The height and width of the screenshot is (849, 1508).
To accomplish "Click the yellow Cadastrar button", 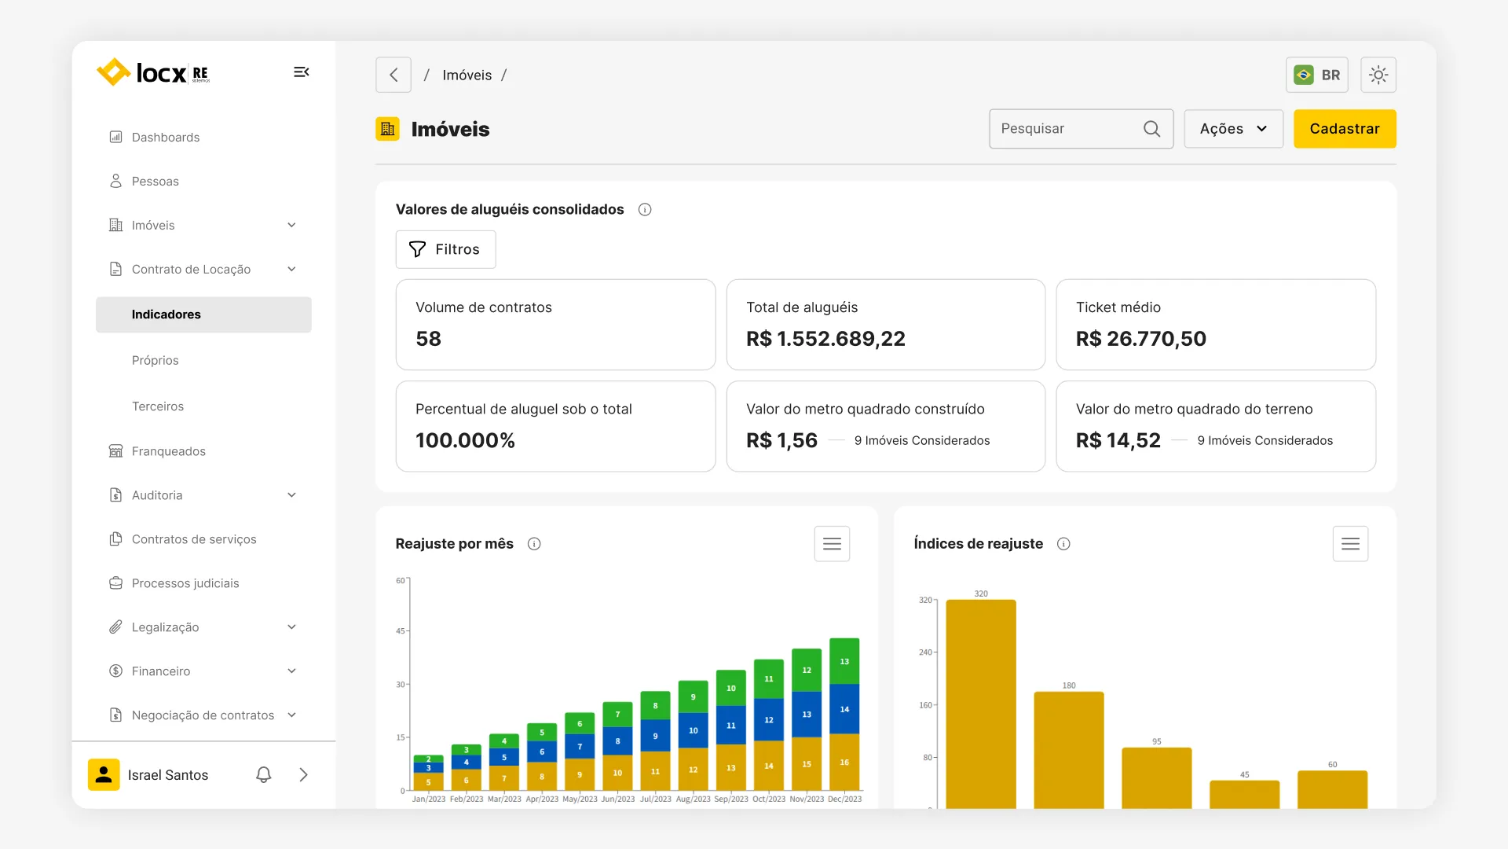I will pos(1344,129).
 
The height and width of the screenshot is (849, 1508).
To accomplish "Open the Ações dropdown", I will pos(1233,129).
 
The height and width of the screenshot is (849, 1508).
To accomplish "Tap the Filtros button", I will pos(445,249).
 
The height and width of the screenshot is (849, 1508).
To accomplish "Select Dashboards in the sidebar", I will pos(165,137).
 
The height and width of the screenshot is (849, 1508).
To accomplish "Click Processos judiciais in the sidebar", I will pos(185,583).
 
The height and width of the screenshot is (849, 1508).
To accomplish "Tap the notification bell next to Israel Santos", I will pos(264,775).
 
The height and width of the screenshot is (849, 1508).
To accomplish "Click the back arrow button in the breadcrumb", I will pos(393,75).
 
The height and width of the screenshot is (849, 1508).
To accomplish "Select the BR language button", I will pos(1317,75).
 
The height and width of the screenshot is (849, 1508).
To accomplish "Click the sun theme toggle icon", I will pos(1378,75).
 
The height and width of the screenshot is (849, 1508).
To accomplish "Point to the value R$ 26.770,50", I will pos(1140,339).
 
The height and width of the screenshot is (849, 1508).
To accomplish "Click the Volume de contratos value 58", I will pos(429,339).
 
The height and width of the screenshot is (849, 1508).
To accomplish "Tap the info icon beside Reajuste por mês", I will pos(534,544).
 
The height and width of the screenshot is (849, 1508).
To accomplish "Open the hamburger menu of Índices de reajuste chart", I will pos(1350,544).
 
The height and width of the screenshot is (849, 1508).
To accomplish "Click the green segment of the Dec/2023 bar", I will pos(844,660).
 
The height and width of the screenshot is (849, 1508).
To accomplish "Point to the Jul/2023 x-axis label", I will pos(655,799).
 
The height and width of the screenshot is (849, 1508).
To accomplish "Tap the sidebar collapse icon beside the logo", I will pos(302,72).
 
